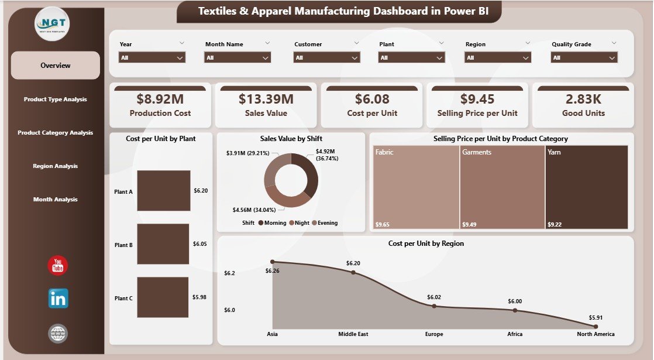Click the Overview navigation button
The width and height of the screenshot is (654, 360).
click(x=56, y=66)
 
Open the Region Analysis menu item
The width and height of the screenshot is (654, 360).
click(x=56, y=166)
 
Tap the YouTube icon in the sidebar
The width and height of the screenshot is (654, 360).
click(x=58, y=266)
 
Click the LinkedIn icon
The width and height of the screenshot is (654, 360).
click(x=58, y=299)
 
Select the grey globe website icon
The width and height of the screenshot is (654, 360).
click(x=58, y=334)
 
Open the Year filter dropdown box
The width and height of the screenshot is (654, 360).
click(x=152, y=57)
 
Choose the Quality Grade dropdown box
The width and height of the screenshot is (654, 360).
click(x=584, y=57)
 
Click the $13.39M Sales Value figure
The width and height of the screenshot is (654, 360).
click(x=266, y=99)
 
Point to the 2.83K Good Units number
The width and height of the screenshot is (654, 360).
click(x=583, y=99)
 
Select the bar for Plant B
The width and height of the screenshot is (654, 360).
click(x=163, y=244)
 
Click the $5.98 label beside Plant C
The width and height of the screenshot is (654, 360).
click(x=199, y=297)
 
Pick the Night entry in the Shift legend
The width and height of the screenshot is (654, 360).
click(x=301, y=222)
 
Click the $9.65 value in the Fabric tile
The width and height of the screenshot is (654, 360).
click(x=382, y=224)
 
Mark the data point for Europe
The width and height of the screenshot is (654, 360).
click(x=434, y=306)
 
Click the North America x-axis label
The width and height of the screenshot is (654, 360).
click(x=595, y=334)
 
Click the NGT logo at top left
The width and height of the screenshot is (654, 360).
click(x=51, y=24)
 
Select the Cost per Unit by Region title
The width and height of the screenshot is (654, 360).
click(x=425, y=244)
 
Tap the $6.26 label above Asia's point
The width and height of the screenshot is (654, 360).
click(x=273, y=270)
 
